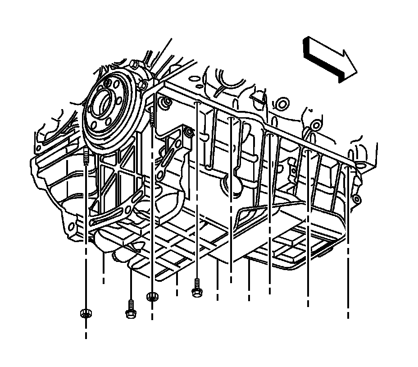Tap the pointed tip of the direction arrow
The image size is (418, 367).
(356, 71)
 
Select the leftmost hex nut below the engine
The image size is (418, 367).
(84, 313)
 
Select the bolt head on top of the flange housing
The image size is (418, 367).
(143, 85)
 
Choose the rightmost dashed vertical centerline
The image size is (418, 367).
(348, 243)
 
